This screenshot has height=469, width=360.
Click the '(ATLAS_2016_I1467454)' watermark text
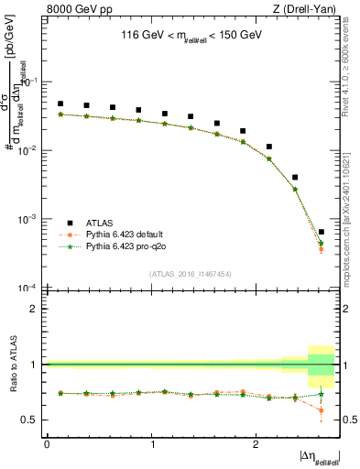coord(191,273)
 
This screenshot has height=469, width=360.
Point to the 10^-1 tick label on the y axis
coord(29,82)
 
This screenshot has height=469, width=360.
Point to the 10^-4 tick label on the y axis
coord(29,289)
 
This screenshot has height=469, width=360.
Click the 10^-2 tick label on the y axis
coord(29,151)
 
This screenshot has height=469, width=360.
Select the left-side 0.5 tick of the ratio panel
coord(31,420)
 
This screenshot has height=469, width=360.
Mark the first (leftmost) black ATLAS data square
coord(60,104)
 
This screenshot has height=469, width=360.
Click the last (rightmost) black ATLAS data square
coord(321,232)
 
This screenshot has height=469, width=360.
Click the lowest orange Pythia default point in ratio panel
coord(321,410)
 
